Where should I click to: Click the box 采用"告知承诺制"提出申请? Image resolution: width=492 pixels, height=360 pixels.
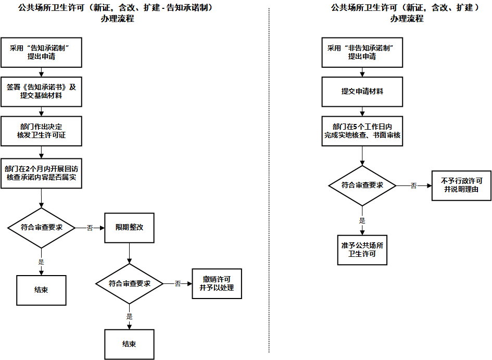pos(41,52)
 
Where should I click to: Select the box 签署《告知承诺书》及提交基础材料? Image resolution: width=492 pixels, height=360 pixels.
pos(41,91)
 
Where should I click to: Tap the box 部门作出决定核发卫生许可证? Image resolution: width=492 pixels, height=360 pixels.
pos(41,131)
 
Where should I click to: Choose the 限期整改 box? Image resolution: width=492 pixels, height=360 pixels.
pos(129,228)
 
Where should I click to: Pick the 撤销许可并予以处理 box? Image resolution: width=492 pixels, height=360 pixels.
pos(217,283)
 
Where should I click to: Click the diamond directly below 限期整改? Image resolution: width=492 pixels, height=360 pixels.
pos(129,283)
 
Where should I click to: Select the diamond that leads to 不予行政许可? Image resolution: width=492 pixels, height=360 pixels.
pos(362,185)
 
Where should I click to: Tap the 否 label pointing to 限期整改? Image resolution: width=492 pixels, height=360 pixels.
pos(90,228)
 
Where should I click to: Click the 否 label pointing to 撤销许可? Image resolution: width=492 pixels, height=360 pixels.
pos(178,283)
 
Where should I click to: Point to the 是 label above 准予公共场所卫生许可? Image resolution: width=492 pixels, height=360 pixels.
pos(362,221)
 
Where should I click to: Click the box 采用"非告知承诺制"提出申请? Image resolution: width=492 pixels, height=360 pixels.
pos(362,52)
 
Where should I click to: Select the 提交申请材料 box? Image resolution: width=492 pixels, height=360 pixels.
pos(362,91)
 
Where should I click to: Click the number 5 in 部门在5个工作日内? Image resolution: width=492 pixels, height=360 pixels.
pos(354,127)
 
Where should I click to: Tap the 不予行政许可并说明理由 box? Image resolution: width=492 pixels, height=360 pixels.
pos(461,185)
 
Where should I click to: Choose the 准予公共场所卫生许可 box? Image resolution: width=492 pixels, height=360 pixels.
pos(362,250)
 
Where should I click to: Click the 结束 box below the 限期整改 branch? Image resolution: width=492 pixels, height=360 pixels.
pos(129,344)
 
